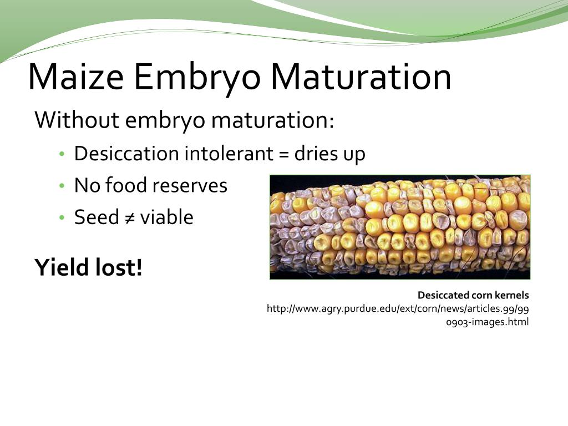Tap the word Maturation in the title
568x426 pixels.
click(361, 77)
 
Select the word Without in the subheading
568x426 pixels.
click(77, 120)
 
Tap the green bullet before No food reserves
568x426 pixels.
click(62, 185)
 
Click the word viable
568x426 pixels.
click(166, 217)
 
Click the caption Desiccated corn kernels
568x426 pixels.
click(473, 295)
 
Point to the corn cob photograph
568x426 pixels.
click(400, 227)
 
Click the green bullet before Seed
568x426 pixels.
click(62, 217)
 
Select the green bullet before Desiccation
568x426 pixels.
click(62, 154)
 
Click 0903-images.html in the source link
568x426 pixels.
click(488, 322)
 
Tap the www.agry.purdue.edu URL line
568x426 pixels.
click(398, 308)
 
